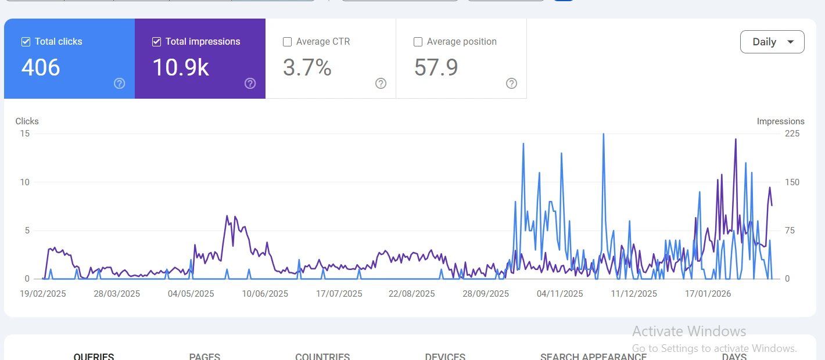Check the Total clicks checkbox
coord(26,42)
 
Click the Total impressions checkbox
coord(156,42)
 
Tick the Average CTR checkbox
coord(287,42)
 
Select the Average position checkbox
coord(418,42)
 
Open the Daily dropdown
coord(772,42)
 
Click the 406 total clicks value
coord(41,67)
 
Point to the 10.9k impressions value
coord(181,67)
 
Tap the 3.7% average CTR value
coord(307,67)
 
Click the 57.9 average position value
coord(436,67)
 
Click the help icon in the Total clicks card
coord(120,84)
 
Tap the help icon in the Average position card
coord(512,84)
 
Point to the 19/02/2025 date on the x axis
coord(43,294)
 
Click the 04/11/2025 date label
coord(560,294)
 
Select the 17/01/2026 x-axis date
coord(708,294)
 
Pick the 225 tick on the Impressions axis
coord(792,134)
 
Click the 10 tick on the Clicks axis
coord(24,182)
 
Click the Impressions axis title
coord(780,121)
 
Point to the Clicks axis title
coord(27,121)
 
